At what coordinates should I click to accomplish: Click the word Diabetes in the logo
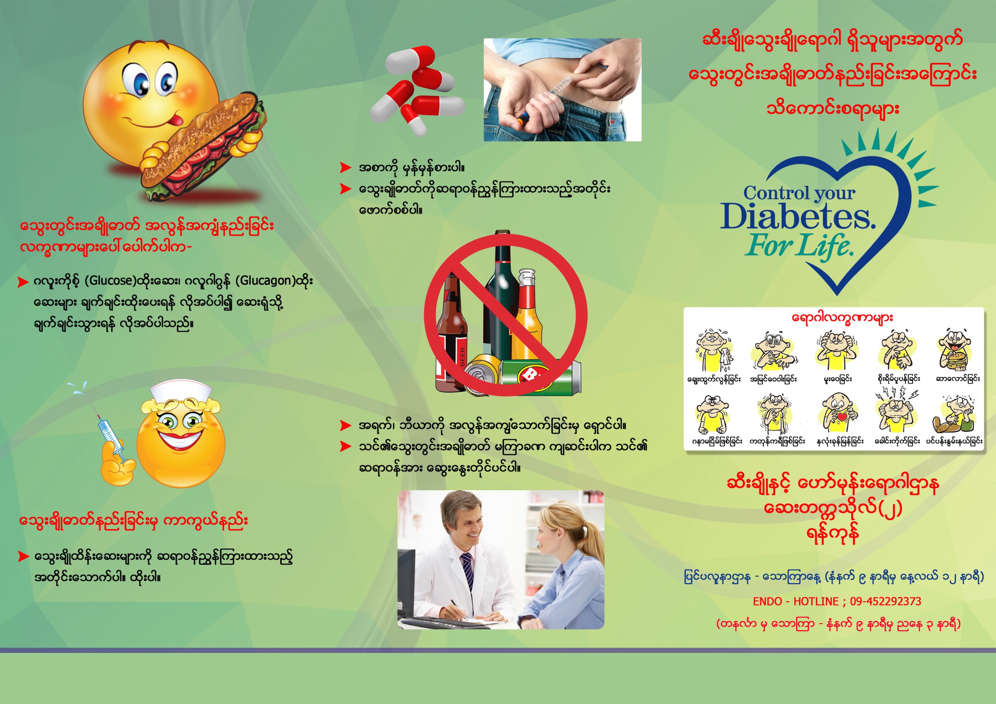tap(797, 216)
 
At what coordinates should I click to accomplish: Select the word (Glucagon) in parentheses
tap(265, 281)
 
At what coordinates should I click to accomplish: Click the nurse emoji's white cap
tap(181, 392)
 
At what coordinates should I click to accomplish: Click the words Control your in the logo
tap(799, 193)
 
